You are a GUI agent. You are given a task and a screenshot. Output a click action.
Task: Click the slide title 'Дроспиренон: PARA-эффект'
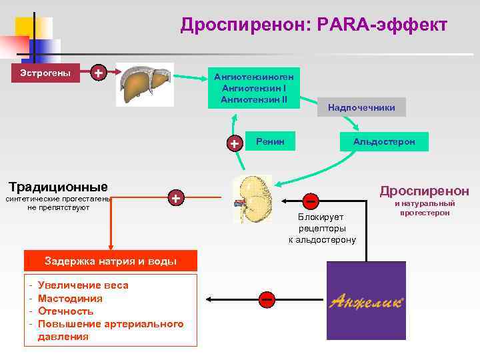click(313, 25)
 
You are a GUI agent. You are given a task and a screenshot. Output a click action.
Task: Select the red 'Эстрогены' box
click(45, 72)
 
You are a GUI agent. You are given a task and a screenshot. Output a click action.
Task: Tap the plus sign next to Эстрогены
click(99, 72)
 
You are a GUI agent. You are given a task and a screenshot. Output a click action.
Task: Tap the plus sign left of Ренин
click(235, 143)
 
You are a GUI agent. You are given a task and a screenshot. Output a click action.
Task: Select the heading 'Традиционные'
click(57, 186)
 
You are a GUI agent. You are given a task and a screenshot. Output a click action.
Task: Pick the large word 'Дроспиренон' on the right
click(424, 191)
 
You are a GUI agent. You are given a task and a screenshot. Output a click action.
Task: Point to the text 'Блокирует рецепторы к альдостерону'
click(322, 228)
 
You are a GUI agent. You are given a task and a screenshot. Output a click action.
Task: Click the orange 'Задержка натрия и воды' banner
click(110, 261)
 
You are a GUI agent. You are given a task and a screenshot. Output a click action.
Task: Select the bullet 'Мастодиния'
click(70, 298)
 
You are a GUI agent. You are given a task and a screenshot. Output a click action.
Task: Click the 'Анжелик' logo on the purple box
click(366, 301)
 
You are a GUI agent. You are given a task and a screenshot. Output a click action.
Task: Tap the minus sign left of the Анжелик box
click(267, 299)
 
